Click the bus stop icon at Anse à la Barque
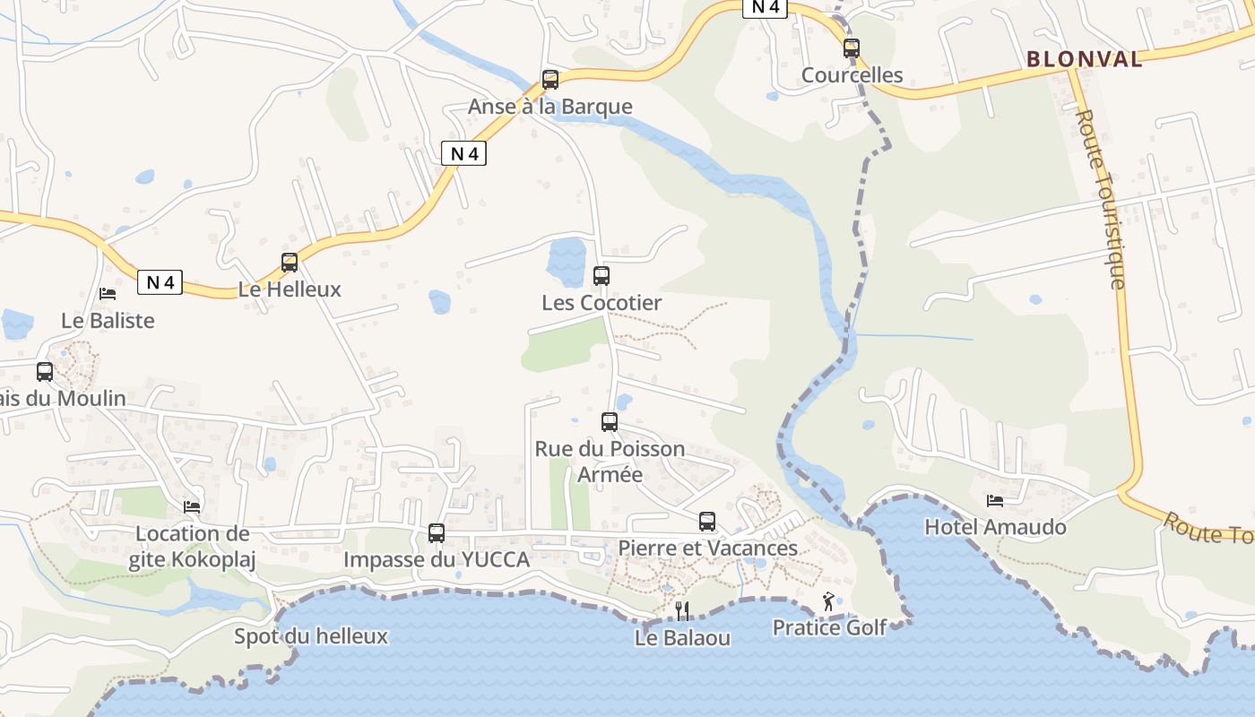(550, 80)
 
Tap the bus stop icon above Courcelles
(852, 48)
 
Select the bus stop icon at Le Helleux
(290, 263)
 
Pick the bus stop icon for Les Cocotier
(602, 276)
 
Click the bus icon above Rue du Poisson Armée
(610, 421)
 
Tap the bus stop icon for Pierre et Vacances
(707, 522)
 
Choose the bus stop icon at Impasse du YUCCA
(437, 533)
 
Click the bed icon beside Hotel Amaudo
(995, 500)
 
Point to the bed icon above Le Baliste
(108, 293)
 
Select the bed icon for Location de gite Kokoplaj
(192, 506)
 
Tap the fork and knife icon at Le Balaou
(682, 611)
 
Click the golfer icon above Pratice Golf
(828, 601)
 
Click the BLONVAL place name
(1085, 59)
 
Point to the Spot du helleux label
(311, 636)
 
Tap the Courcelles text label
(852, 74)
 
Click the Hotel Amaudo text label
(995, 527)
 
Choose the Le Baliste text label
(108, 320)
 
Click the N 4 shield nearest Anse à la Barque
(464, 153)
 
